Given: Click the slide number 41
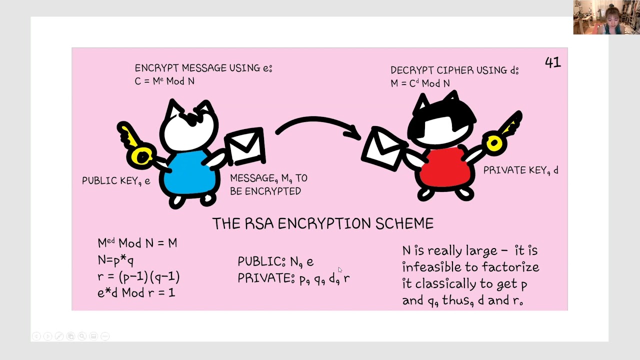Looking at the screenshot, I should [x=552, y=62].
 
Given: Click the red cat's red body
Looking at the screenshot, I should [x=445, y=167].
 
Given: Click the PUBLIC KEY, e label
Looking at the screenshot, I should [x=116, y=181].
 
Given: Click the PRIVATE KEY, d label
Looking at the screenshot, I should [x=520, y=170].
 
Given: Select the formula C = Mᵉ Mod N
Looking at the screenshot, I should [x=164, y=81].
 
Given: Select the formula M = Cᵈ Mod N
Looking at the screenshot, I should [x=420, y=83].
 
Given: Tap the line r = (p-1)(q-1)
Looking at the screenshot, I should [x=138, y=276].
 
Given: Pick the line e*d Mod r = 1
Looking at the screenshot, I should [x=136, y=292].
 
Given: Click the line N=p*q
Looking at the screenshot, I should [x=115, y=260].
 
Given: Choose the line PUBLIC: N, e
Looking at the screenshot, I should [x=275, y=261].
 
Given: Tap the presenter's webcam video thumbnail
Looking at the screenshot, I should [x=606, y=17].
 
